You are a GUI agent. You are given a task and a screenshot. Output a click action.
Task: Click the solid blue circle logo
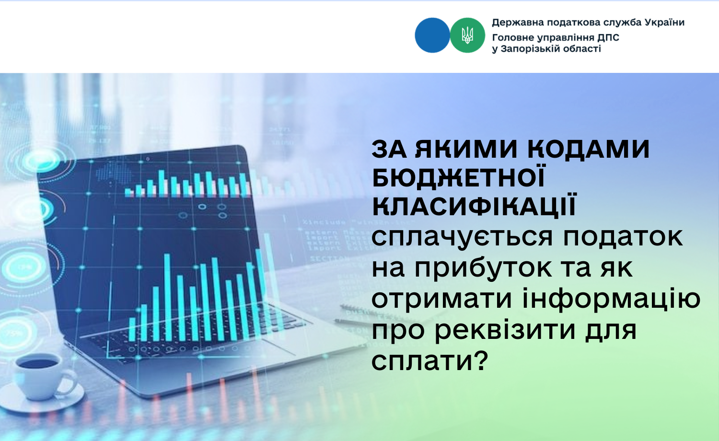pyautogui.click(x=432, y=35)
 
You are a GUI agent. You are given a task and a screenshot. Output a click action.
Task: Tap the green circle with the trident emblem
pyautogui.click(x=467, y=35)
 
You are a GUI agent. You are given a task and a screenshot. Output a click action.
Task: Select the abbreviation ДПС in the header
pyautogui.click(x=608, y=38)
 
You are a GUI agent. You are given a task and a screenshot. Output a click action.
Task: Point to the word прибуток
pyautogui.click(x=483, y=269)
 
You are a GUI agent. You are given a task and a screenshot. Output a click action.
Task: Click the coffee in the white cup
pyautogui.click(x=37, y=363)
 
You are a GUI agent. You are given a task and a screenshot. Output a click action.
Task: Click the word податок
pyautogui.click(x=623, y=238)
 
